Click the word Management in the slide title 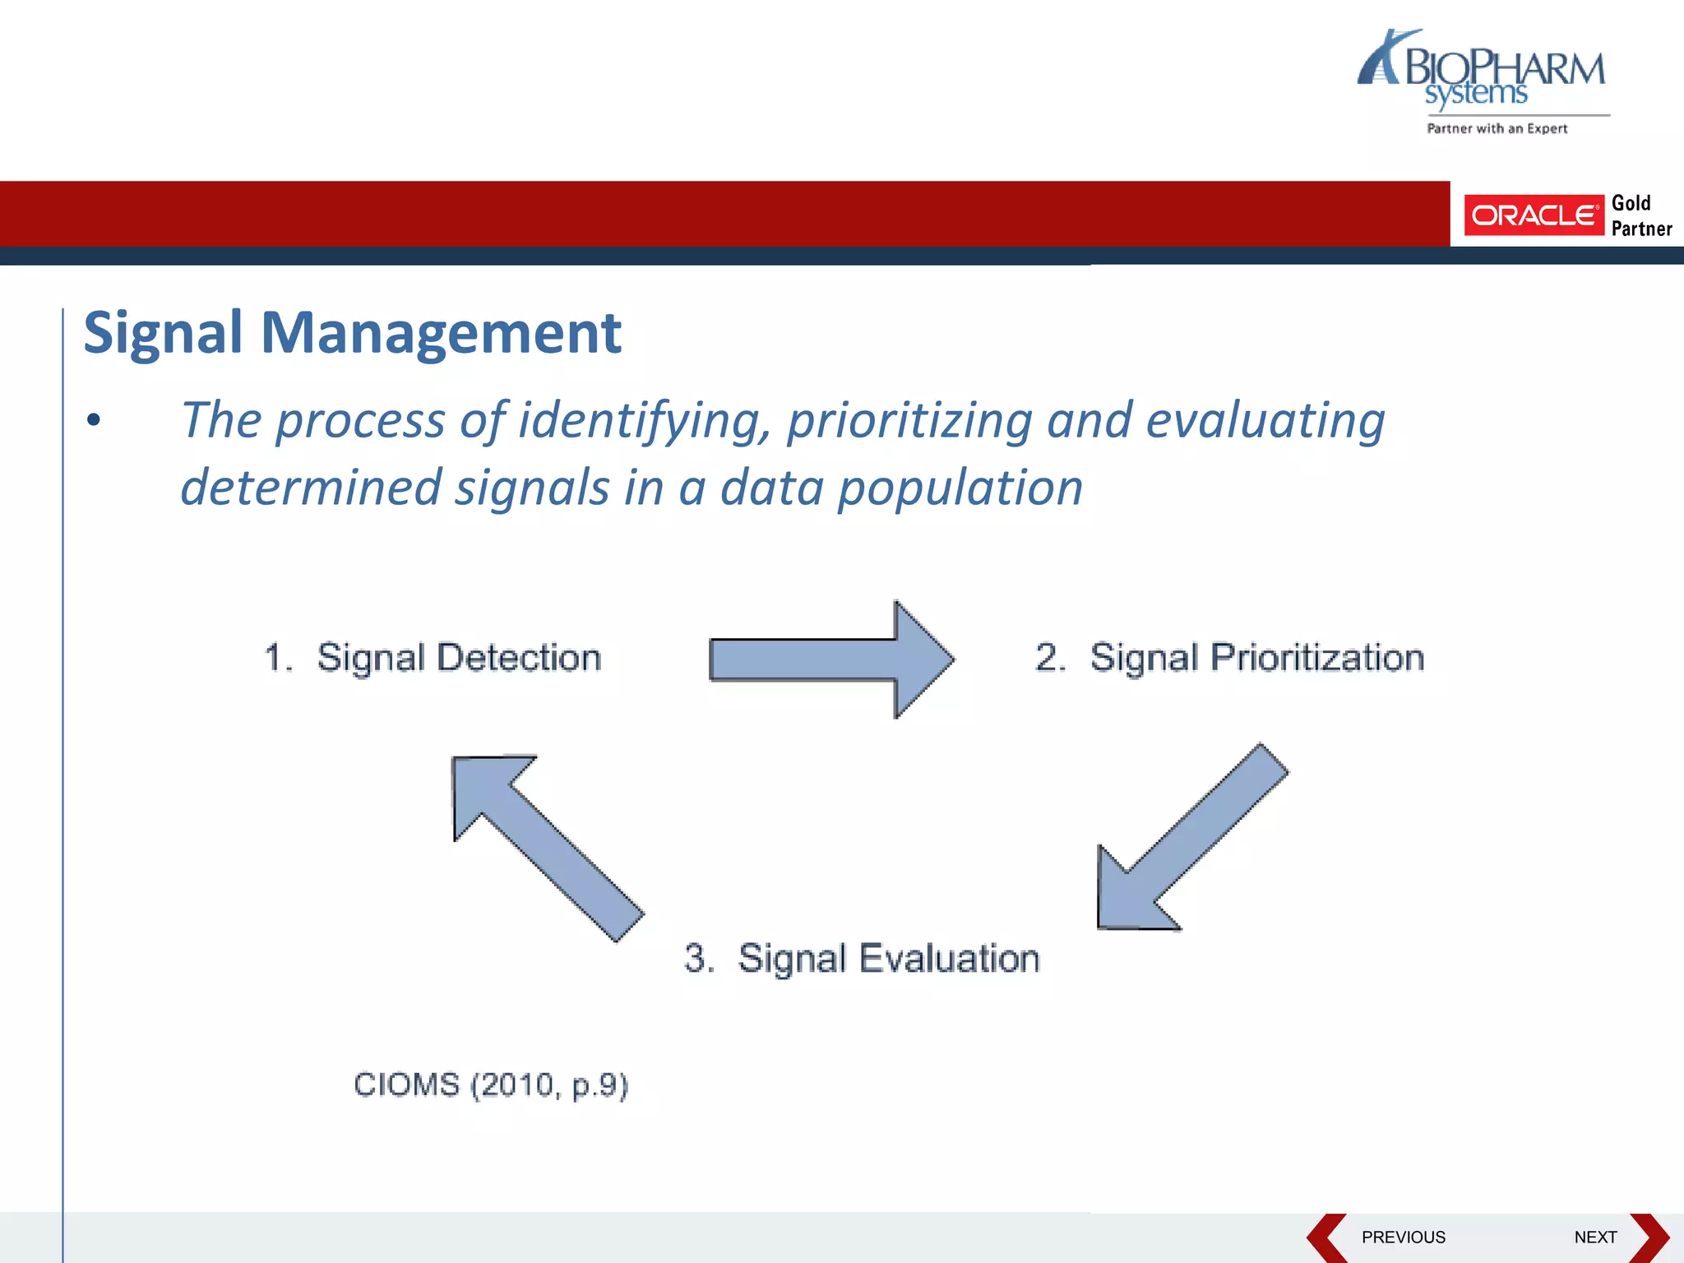click(x=441, y=333)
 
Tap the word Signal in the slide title click(x=163, y=333)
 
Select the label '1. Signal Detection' click(x=433, y=658)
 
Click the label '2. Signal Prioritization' click(x=1229, y=658)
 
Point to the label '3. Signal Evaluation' click(x=862, y=959)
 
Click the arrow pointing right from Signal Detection click(x=830, y=659)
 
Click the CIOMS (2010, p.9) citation click(x=491, y=1085)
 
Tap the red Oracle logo click(x=1534, y=215)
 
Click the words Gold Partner click(x=1640, y=215)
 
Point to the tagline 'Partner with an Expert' click(x=1497, y=128)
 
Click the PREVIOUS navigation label click(x=1403, y=1238)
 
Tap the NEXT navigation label click(x=1595, y=1238)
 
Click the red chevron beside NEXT click(x=1649, y=1238)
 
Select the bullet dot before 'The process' click(x=94, y=420)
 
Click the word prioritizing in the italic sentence click(x=909, y=421)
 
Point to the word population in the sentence click(x=960, y=488)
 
